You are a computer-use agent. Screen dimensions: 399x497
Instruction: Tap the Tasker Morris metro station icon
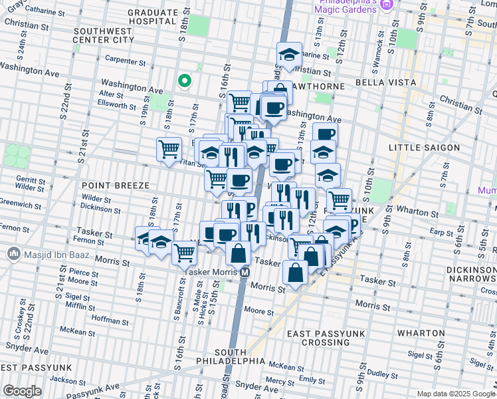tap(245, 272)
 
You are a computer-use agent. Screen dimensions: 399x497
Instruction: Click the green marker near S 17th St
tap(185, 81)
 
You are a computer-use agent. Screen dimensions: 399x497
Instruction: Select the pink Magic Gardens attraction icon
tap(388, 5)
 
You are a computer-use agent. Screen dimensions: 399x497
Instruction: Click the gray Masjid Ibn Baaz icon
tap(13, 254)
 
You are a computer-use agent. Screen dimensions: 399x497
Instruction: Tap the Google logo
tap(22, 391)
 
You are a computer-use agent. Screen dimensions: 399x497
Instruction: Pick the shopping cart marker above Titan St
tap(169, 149)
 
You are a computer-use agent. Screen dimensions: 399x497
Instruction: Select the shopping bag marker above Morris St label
tap(295, 272)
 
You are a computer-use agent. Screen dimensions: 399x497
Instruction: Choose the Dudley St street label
tap(384, 374)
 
